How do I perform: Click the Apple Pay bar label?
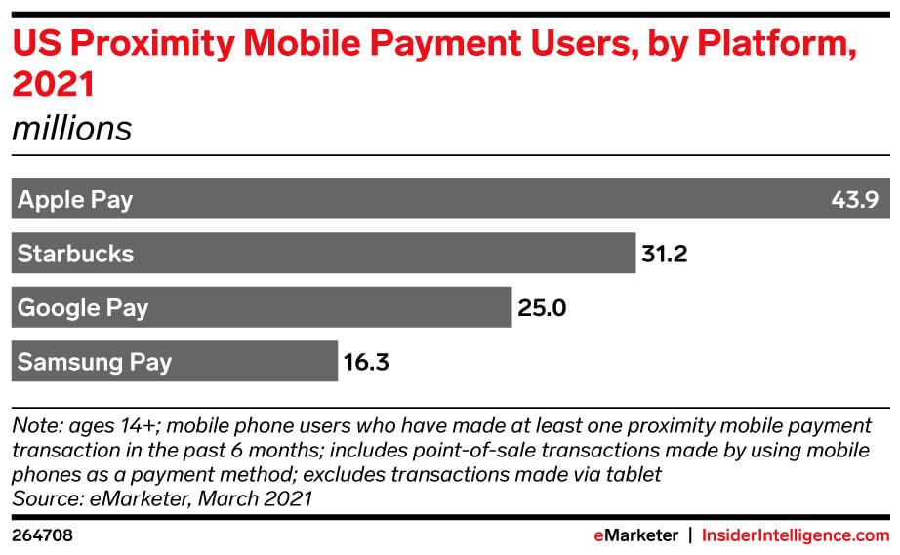pyautogui.click(x=75, y=201)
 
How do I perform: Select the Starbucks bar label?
pyautogui.click(x=75, y=255)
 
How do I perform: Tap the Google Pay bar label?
pyautogui.click(x=83, y=308)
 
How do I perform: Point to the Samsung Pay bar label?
pyautogui.click(x=95, y=362)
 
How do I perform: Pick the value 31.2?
pyautogui.click(x=665, y=255)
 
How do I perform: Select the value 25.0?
pyautogui.click(x=542, y=308)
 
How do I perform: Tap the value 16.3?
pyautogui.click(x=366, y=362)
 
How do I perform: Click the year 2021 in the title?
pyautogui.click(x=53, y=85)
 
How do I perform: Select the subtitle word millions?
pyautogui.click(x=71, y=128)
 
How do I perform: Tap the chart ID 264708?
pyautogui.click(x=42, y=535)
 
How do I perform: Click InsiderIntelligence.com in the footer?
pyautogui.click(x=796, y=535)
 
